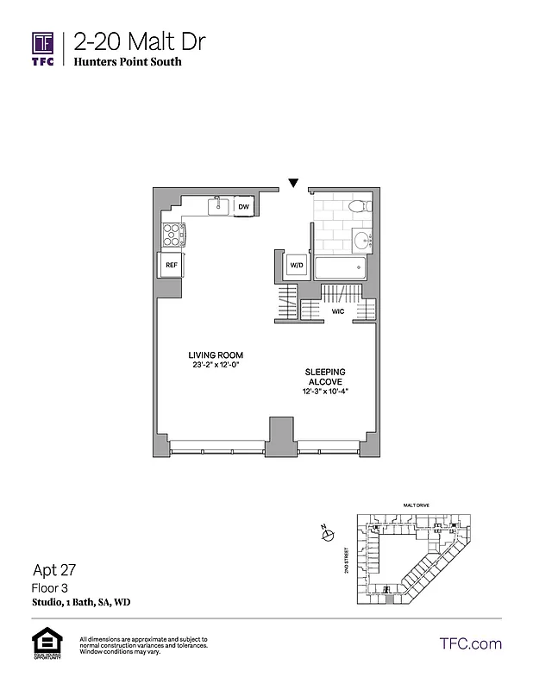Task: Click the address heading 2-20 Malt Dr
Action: pos(139,41)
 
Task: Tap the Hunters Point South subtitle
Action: pos(128,62)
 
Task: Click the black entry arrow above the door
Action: pos(293,183)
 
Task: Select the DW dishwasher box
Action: pos(244,207)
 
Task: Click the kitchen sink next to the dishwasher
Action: pos(219,206)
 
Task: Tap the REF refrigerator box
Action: pos(172,265)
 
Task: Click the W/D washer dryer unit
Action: pos(296,265)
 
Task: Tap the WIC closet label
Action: pos(338,311)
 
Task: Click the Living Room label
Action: pos(216,355)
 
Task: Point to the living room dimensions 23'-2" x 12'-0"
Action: pos(216,366)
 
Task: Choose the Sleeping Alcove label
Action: pos(324,376)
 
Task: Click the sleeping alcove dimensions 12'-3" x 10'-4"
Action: pos(324,392)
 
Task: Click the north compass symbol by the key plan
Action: pos(328,536)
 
